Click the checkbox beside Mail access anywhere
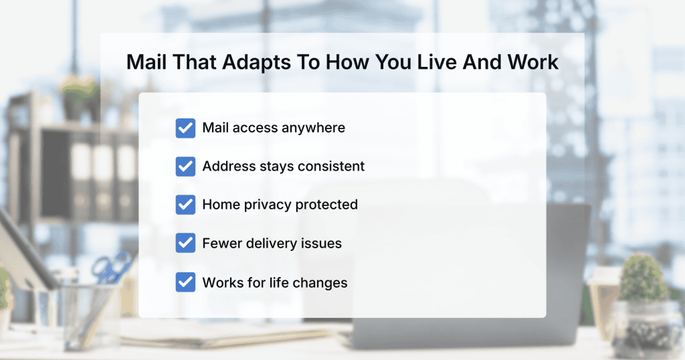[185, 128]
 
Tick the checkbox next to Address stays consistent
[185, 167]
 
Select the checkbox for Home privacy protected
[185, 205]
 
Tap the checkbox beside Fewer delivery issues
[185, 243]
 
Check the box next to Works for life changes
[185, 282]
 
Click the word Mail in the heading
[146, 62]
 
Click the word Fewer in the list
[222, 244]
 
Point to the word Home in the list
[221, 205]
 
